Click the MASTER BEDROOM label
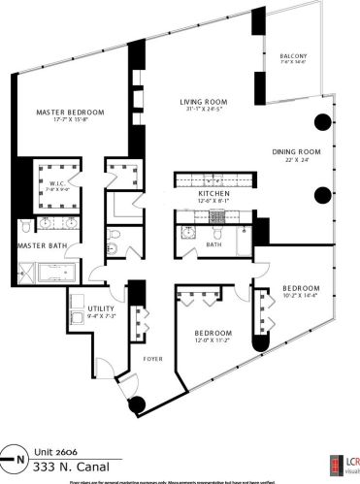(x=69, y=112)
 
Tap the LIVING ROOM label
(x=202, y=101)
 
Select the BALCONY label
(x=291, y=55)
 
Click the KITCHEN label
(x=213, y=194)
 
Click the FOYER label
(x=151, y=358)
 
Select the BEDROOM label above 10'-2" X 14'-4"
(x=302, y=289)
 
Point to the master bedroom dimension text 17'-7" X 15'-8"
(x=69, y=121)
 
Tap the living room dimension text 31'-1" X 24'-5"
(x=202, y=110)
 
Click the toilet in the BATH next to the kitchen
(x=217, y=234)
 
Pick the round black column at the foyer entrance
(x=136, y=404)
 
